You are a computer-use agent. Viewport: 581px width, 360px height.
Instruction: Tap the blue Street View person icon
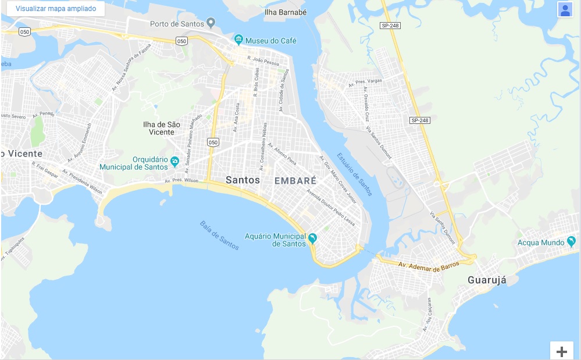pos(565,10)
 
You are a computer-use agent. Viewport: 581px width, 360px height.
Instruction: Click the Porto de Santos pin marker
pos(211,23)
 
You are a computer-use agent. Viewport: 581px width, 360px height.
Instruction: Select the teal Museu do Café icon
pos(238,40)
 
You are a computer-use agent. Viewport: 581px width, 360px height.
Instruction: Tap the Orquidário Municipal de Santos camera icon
pos(174,160)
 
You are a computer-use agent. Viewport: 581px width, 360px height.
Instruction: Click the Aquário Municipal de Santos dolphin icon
pos(313,238)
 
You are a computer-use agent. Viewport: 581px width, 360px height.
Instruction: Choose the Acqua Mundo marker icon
pos(572,241)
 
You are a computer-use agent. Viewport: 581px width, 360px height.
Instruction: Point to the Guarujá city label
pos(487,280)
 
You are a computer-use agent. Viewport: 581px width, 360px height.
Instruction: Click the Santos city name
pos(243,180)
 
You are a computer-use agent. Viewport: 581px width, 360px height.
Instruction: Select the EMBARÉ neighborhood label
pos(295,181)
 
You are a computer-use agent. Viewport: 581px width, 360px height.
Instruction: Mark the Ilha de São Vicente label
pos(162,128)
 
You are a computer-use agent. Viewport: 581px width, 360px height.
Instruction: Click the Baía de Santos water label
pos(219,235)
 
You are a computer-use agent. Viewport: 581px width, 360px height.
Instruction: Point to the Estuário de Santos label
pos(355,174)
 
